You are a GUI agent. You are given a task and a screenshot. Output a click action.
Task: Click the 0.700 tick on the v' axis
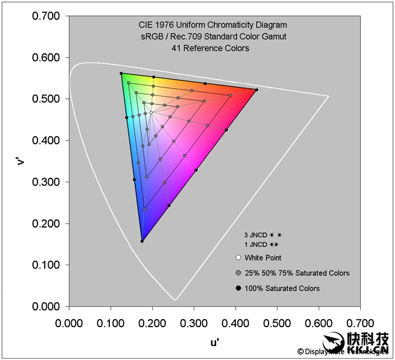click(x=47, y=16)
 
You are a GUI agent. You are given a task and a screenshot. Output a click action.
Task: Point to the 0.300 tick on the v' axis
click(x=47, y=182)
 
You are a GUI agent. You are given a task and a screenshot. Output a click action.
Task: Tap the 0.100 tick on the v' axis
click(x=47, y=265)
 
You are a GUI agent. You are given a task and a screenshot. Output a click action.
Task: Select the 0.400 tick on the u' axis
click(x=236, y=323)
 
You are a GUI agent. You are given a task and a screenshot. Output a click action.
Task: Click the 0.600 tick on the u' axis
click(x=319, y=323)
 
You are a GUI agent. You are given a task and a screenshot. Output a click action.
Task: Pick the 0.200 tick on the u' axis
click(x=153, y=323)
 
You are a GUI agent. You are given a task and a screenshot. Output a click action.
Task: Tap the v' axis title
click(x=21, y=161)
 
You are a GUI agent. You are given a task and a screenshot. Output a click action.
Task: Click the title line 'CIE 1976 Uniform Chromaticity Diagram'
click(x=194, y=27)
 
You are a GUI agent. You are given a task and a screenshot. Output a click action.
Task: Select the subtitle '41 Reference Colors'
click(x=194, y=48)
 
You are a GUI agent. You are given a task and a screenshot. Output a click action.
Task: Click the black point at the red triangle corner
click(x=256, y=90)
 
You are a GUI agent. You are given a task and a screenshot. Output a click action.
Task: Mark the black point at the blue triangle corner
click(x=142, y=241)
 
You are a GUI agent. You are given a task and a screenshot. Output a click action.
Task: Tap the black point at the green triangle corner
click(x=121, y=74)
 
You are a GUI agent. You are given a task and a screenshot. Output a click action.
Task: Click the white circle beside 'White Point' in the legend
click(x=237, y=258)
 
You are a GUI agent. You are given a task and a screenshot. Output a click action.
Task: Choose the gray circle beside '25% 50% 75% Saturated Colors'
click(x=237, y=273)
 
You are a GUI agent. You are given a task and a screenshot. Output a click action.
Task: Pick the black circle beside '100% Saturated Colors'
click(x=237, y=288)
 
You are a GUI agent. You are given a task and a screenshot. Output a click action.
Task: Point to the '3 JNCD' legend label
click(x=253, y=234)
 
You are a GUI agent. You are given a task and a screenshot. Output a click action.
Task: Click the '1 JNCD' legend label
click(x=253, y=244)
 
